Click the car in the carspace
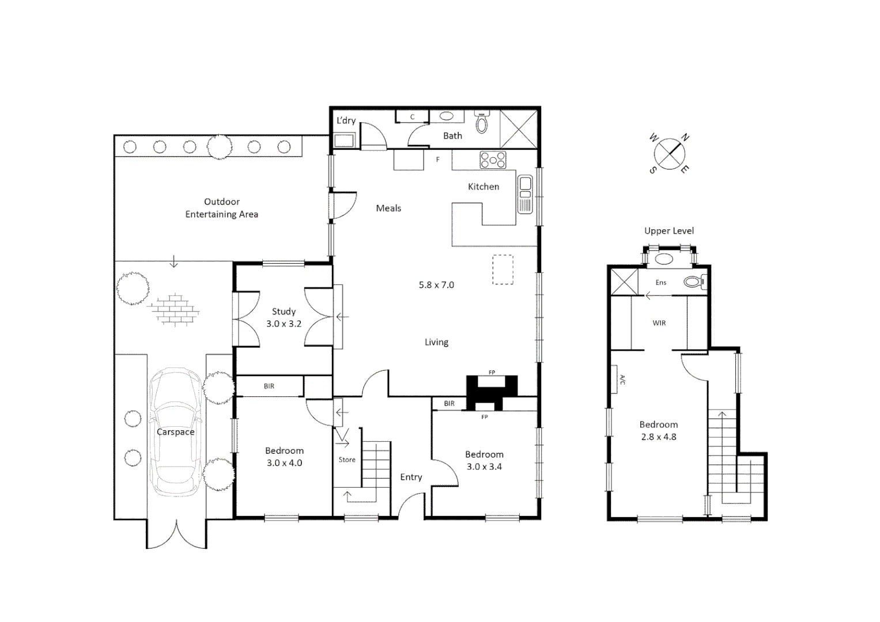pyautogui.click(x=176, y=432)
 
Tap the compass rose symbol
pyautogui.click(x=670, y=154)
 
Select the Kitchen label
pyautogui.click(x=483, y=187)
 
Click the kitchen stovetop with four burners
pyautogui.click(x=493, y=160)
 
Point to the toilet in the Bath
pyautogui.click(x=482, y=123)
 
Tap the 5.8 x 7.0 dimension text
pyautogui.click(x=436, y=285)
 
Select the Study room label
pyautogui.click(x=284, y=312)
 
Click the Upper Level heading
pyautogui.click(x=669, y=231)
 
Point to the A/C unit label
pyautogui.click(x=622, y=380)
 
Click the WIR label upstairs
pyautogui.click(x=659, y=323)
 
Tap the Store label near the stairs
pyautogui.click(x=347, y=460)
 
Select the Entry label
pyautogui.click(x=411, y=477)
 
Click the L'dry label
pyautogui.click(x=346, y=120)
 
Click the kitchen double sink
pyautogui.click(x=525, y=194)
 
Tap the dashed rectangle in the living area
pyautogui.click(x=503, y=270)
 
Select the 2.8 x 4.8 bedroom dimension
pyautogui.click(x=658, y=437)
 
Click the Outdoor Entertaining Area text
pyautogui.click(x=221, y=208)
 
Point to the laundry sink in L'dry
pyautogui.click(x=344, y=140)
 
